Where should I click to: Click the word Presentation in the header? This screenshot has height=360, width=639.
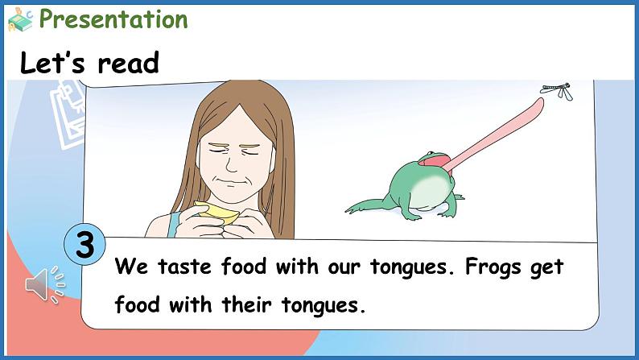click(x=113, y=19)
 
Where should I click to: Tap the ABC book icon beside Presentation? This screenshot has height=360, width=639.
click(x=20, y=20)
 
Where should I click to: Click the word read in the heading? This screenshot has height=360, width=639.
click(x=129, y=64)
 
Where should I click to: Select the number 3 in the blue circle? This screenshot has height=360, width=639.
click(x=85, y=245)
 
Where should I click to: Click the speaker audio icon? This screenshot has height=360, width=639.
click(x=45, y=285)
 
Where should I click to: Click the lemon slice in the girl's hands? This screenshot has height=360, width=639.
click(x=216, y=213)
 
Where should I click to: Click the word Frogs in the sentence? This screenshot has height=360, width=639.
click(x=493, y=267)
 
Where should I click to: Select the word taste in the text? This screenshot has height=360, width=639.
click(x=184, y=267)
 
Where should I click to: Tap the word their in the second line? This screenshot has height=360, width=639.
click(x=246, y=304)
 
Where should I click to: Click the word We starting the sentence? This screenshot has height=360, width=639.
click(x=131, y=267)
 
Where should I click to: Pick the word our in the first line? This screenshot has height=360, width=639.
click(x=344, y=267)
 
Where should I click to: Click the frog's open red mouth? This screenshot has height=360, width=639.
click(x=434, y=161)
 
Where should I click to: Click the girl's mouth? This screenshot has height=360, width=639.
click(x=231, y=181)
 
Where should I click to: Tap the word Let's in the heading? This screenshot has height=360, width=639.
click(x=52, y=62)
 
